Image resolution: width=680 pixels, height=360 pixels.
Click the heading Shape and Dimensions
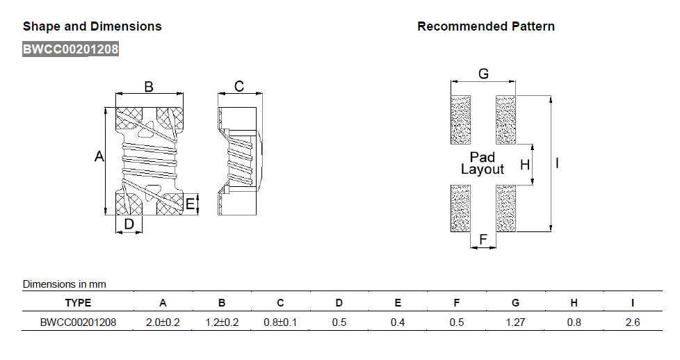pos(92,26)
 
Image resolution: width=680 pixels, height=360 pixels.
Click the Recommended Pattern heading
pos(485,26)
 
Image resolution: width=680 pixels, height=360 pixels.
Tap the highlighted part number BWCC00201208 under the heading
pos(70,49)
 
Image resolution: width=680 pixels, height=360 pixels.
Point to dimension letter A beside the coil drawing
pos(99,158)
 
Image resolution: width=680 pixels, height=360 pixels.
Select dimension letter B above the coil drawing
pos(149,87)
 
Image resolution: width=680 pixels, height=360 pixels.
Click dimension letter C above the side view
pos(238,87)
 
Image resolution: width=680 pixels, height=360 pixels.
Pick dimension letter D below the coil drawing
pos(129,223)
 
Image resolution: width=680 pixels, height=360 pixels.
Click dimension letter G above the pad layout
pos(483,74)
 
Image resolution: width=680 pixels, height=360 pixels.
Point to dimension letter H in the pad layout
pos(525,165)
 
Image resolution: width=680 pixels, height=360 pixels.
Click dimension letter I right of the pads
pos(558,164)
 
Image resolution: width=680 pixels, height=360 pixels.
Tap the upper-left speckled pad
pos(462,120)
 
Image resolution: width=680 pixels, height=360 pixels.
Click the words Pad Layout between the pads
pos(483,163)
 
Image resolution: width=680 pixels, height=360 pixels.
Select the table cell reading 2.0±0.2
pos(163,322)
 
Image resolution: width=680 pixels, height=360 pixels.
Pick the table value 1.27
pos(515,322)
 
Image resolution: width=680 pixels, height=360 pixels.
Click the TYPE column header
pos(78,303)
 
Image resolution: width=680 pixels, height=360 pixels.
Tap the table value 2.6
pos(632,322)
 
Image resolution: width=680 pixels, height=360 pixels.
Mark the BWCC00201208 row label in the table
pos(78,322)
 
